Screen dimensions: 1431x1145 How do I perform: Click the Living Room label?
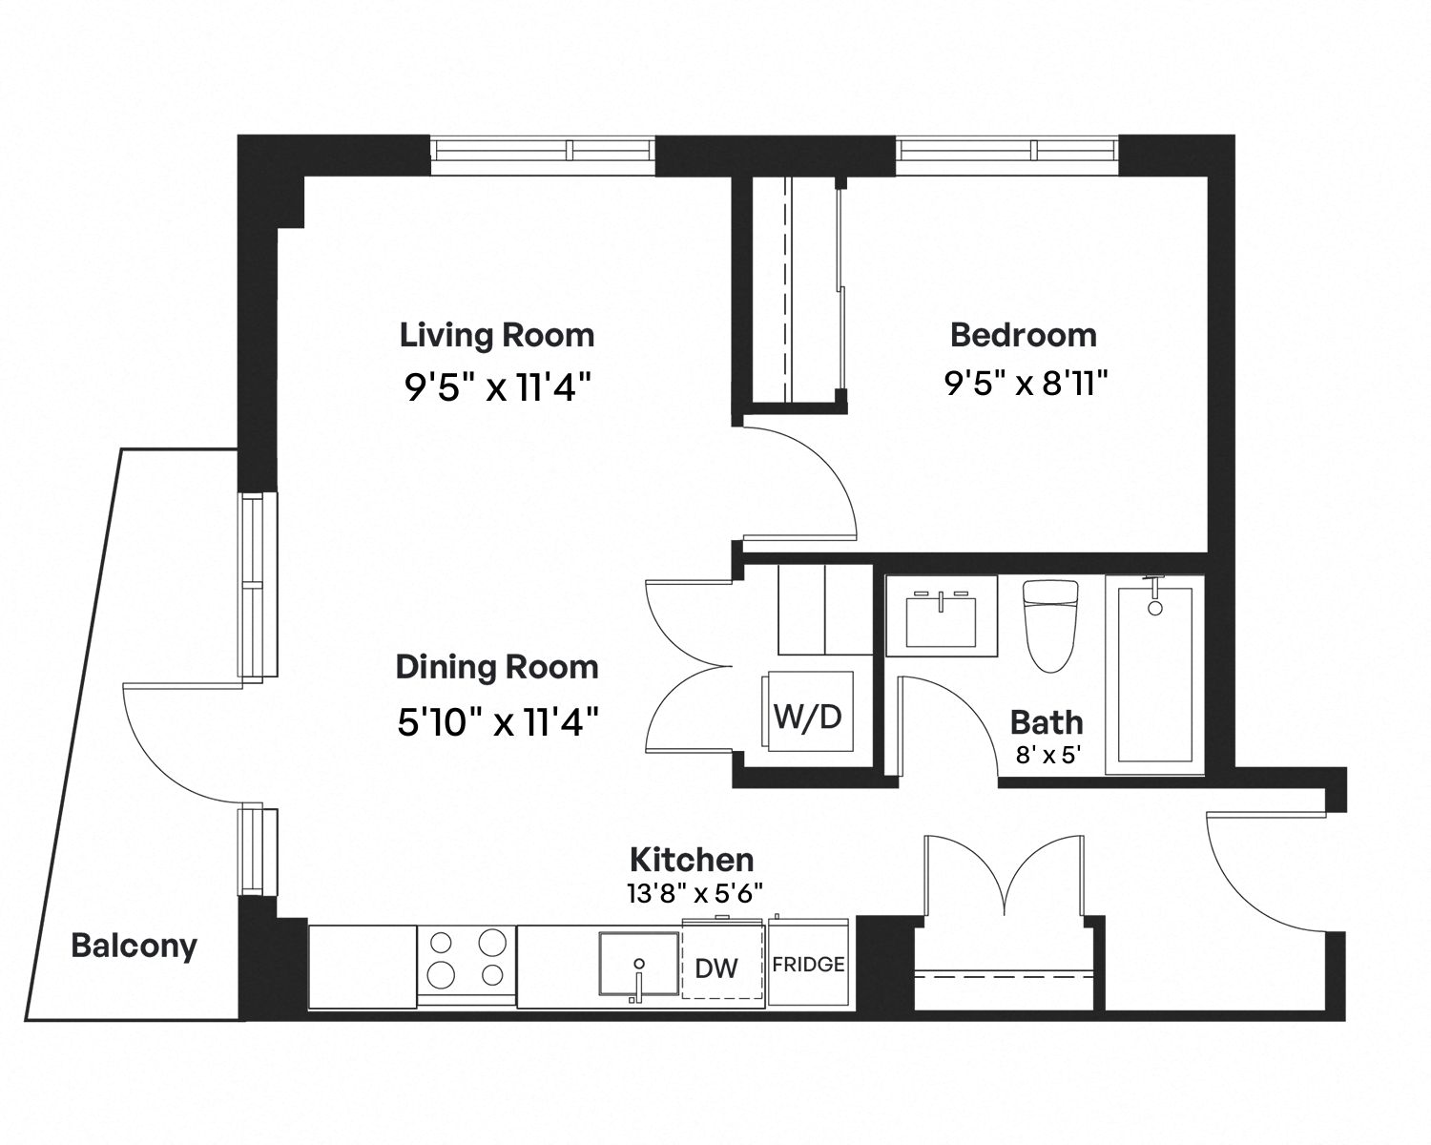(x=497, y=335)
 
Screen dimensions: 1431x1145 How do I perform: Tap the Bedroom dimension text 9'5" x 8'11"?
(x=1027, y=383)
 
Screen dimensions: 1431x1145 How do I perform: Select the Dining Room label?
(x=497, y=667)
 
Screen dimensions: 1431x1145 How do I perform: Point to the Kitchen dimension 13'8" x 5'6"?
(x=695, y=893)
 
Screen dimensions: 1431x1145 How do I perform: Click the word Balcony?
(x=135, y=946)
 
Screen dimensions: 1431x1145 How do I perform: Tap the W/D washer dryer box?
(x=808, y=711)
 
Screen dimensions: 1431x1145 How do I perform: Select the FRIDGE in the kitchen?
(x=808, y=963)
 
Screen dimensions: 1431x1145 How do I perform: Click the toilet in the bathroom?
(x=1050, y=625)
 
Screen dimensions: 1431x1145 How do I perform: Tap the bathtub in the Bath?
(x=1154, y=674)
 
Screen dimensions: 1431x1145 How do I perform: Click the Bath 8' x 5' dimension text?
(x=1047, y=755)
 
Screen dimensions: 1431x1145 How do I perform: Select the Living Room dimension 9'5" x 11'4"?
(x=497, y=386)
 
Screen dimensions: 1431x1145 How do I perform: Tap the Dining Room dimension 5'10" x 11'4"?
(x=498, y=721)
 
